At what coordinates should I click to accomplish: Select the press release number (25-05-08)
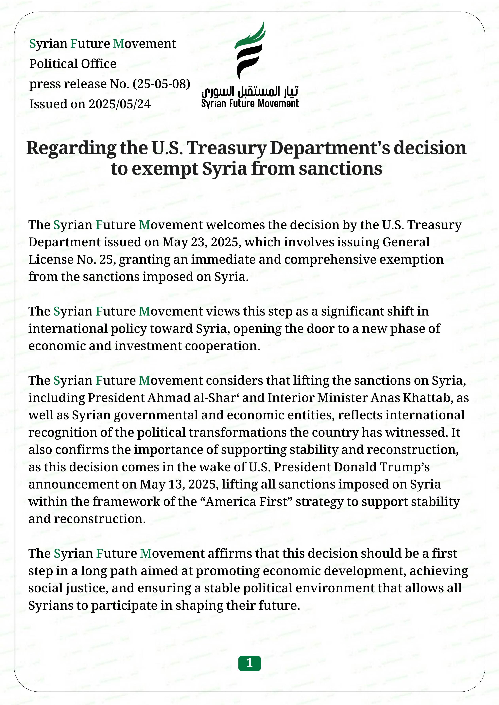point(161,84)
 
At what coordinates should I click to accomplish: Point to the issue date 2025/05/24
point(120,104)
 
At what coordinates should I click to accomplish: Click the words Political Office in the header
point(73,64)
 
